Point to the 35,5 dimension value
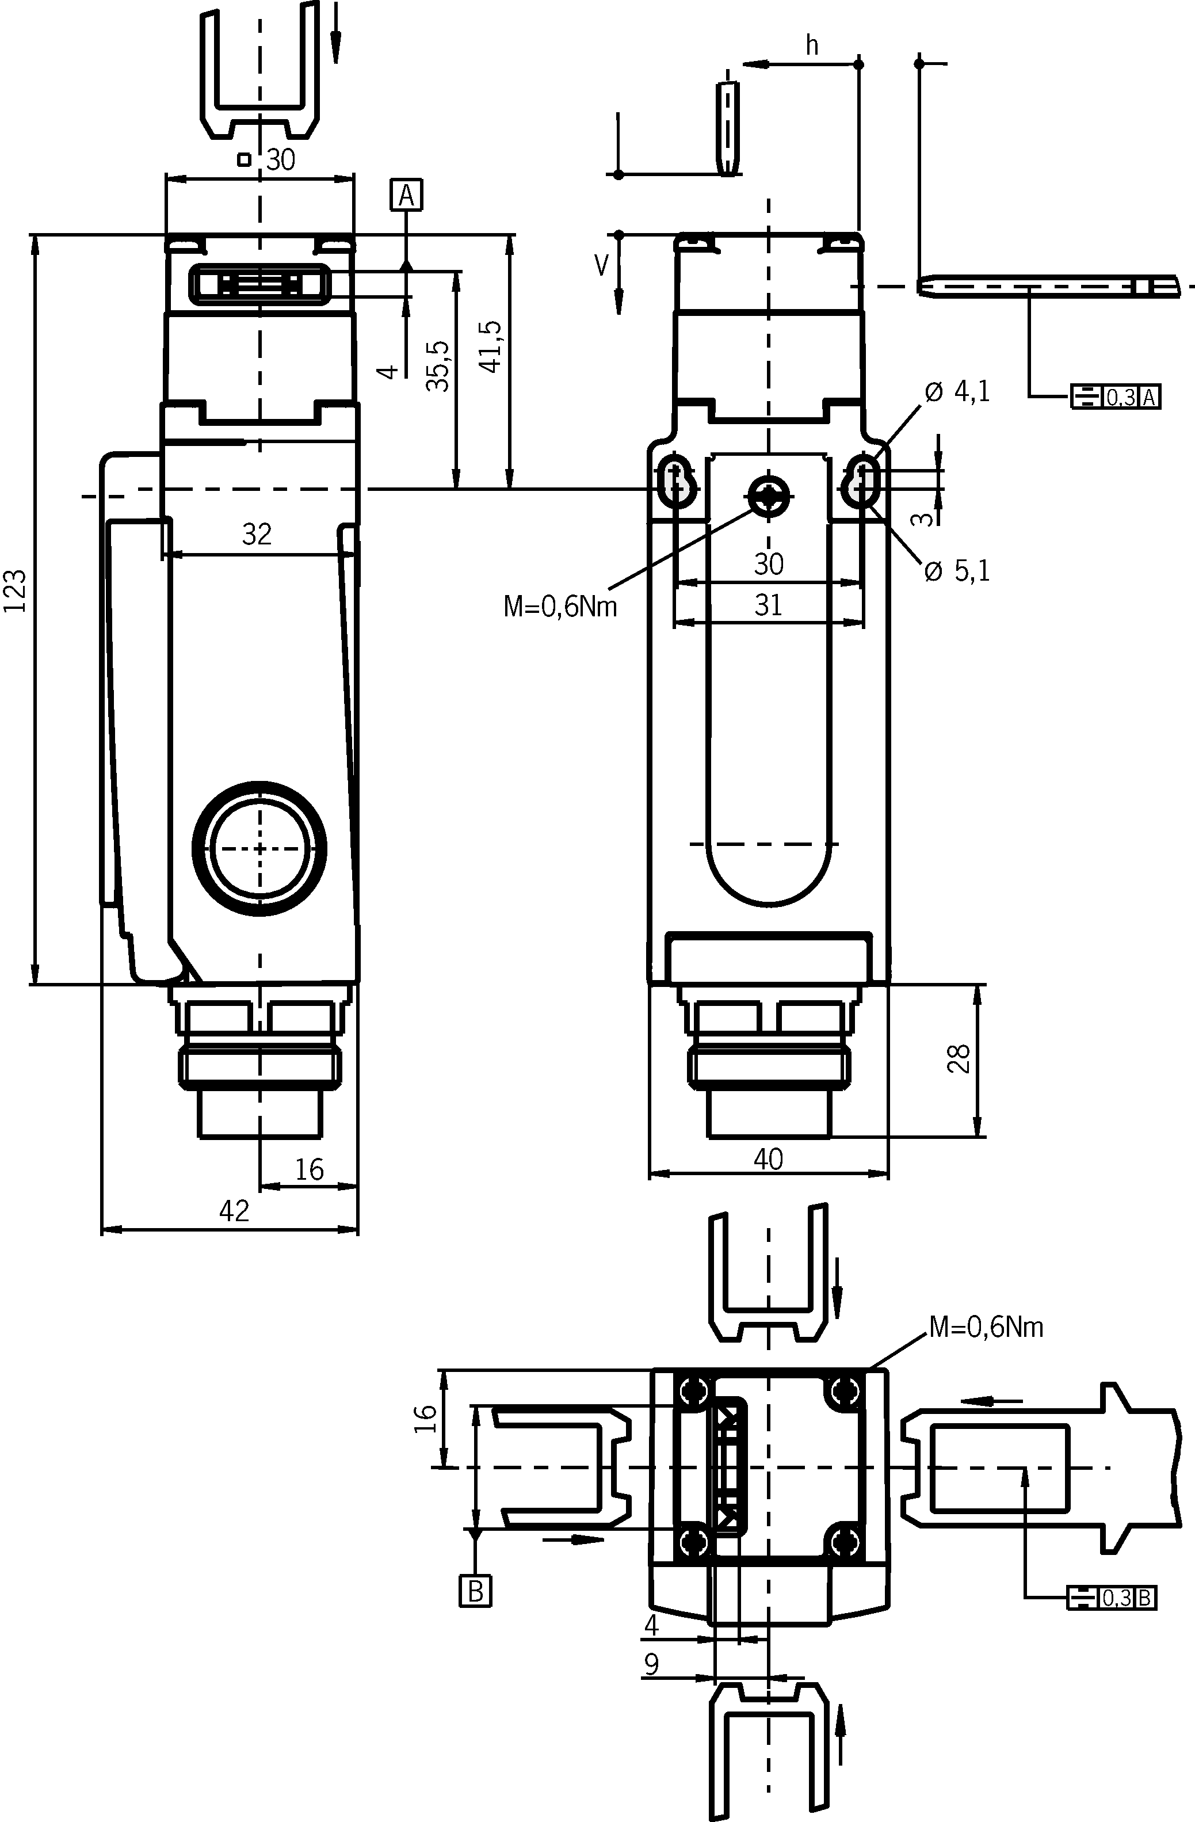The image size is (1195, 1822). pyautogui.click(x=438, y=366)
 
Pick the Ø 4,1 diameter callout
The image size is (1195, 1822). pyautogui.click(x=957, y=392)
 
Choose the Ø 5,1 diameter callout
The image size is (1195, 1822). pyautogui.click(x=957, y=571)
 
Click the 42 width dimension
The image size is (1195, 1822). pyautogui.click(x=234, y=1210)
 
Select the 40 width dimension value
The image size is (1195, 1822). pyautogui.click(x=769, y=1159)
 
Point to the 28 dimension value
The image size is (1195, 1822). pyautogui.click(x=959, y=1059)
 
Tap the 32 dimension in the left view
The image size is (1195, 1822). pyautogui.click(x=257, y=535)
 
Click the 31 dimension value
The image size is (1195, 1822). pyautogui.click(x=769, y=605)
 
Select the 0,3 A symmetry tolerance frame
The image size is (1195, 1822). pyautogui.click(x=1116, y=397)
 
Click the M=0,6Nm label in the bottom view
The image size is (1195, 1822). pyautogui.click(x=986, y=1327)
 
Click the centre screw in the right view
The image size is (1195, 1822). pyautogui.click(x=769, y=497)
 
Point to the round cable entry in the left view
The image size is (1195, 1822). pyautogui.click(x=259, y=848)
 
